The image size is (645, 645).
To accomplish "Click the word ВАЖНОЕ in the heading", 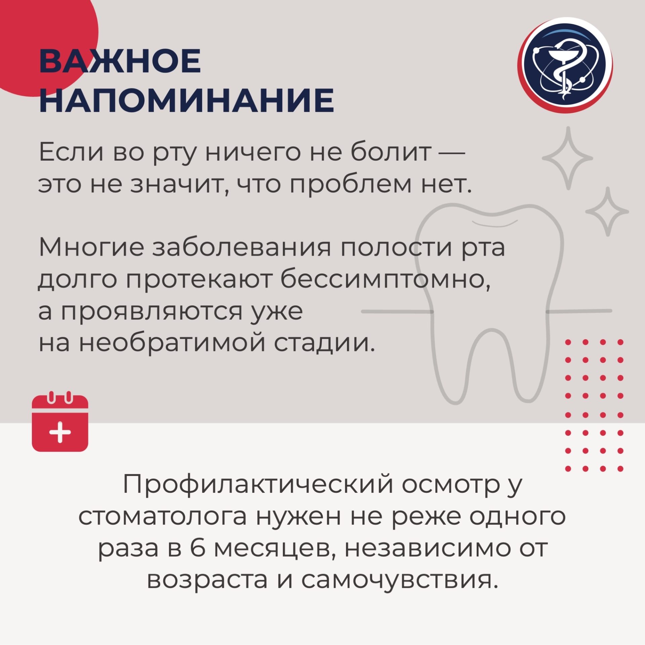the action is (x=120, y=61).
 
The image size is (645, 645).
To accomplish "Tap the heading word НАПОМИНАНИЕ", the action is (x=187, y=100).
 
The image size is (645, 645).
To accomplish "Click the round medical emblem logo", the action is (x=565, y=65).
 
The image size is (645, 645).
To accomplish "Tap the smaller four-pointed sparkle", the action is (x=607, y=212).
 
